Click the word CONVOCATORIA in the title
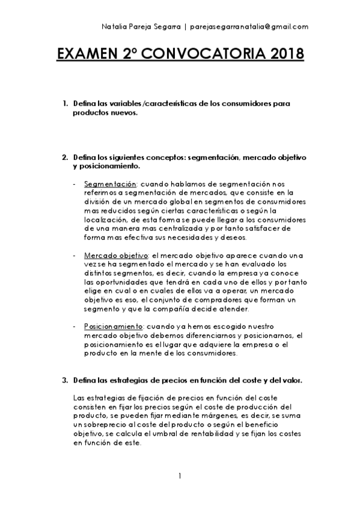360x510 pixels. (x=209, y=56)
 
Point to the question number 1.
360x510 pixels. (x=65, y=104)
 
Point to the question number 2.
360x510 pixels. (x=65, y=158)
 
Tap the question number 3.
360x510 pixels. (x=65, y=381)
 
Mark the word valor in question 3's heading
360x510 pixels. (x=290, y=381)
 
